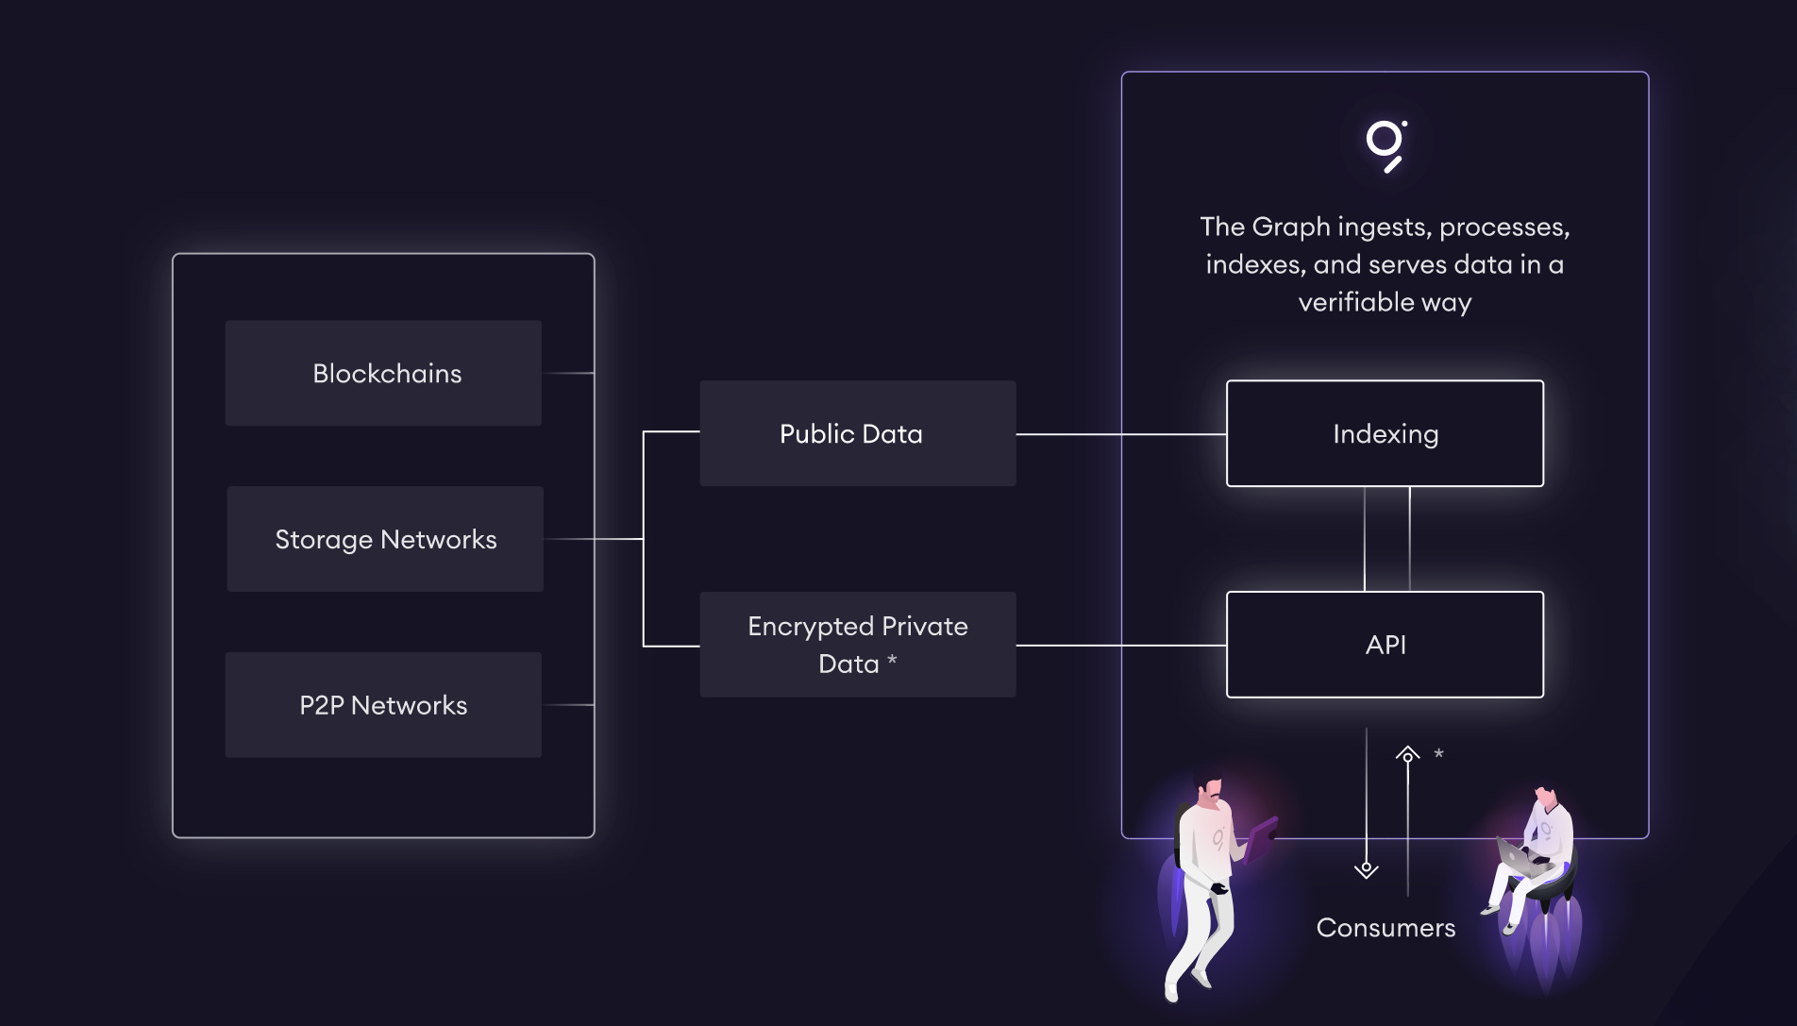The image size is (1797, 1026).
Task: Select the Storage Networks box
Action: pyautogui.click(x=385, y=539)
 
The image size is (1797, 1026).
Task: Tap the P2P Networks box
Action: pyautogui.click(x=383, y=705)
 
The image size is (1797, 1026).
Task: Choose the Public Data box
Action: pyautogui.click(x=857, y=433)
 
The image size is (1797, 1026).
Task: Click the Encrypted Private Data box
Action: pyautogui.click(x=857, y=645)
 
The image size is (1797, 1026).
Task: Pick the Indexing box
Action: pyautogui.click(x=1385, y=433)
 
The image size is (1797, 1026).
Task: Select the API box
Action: pyautogui.click(x=1385, y=645)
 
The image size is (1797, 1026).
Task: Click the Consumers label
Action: pyautogui.click(x=1386, y=928)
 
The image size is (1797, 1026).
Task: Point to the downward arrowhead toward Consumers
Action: pyautogui.click(x=1366, y=869)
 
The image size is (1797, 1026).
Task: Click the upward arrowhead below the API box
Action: pyautogui.click(x=1407, y=754)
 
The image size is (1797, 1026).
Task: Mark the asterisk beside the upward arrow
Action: pyautogui.click(x=1438, y=753)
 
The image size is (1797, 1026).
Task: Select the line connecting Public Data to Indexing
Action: pyautogui.click(x=1120, y=434)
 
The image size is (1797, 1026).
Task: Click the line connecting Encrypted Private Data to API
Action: pyautogui.click(x=1120, y=646)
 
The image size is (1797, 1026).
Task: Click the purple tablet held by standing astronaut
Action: pyautogui.click(x=1261, y=837)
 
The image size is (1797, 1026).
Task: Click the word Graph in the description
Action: pyautogui.click(x=1291, y=227)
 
